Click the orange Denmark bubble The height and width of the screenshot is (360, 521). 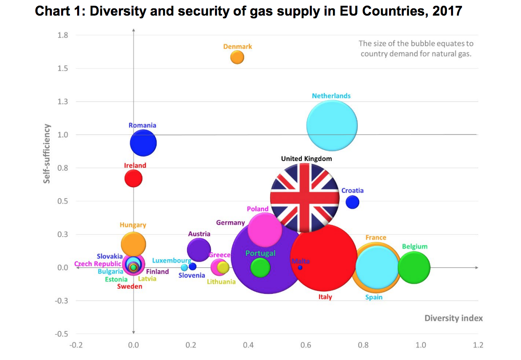point(237,57)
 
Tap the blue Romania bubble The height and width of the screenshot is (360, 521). point(143,143)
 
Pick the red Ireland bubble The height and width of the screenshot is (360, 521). point(133,178)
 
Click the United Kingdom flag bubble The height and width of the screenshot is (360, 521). point(305,197)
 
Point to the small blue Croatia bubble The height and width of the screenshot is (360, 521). point(352,202)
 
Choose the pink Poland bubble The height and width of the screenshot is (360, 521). point(265,230)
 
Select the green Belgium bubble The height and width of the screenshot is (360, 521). point(414,267)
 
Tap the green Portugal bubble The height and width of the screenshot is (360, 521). point(260,267)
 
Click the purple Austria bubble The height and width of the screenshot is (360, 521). point(199,250)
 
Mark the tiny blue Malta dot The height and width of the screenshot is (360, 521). point(300,267)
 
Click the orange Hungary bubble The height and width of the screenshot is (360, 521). point(133,244)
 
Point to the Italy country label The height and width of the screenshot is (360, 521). point(325,297)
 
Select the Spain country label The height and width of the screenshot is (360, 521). point(374,297)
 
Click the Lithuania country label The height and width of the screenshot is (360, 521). point(221,282)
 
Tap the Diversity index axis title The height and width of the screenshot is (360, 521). point(454,318)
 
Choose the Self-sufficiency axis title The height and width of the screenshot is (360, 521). point(47,153)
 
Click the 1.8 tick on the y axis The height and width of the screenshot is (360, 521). point(63,35)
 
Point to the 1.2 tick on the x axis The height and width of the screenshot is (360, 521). point(478,345)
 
